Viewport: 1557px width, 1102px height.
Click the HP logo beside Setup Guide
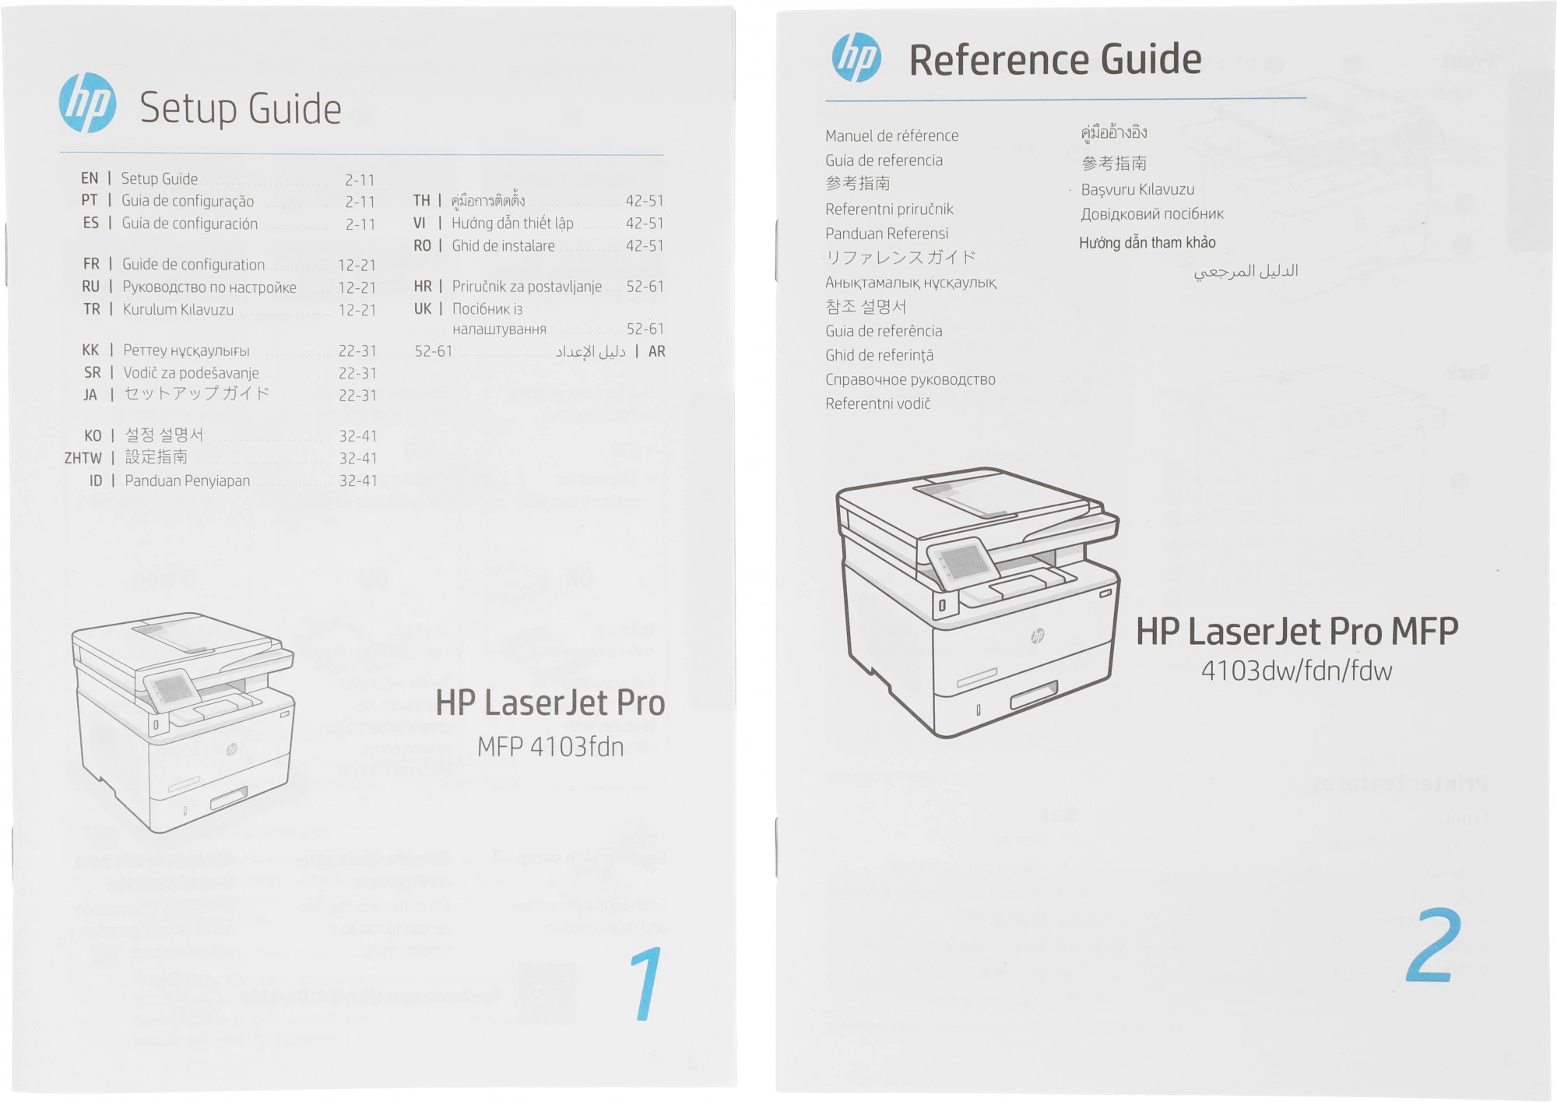click(x=88, y=103)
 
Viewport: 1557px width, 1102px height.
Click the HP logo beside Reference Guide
click(x=856, y=58)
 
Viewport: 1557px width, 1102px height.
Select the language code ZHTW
click(x=83, y=458)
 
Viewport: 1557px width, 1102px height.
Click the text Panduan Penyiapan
click(x=187, y=481)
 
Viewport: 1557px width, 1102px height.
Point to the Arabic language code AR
click(x=656, y=351)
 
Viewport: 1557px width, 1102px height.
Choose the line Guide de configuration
click(x=193, y=265)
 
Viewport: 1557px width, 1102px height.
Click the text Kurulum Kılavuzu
click(x=177, y=309)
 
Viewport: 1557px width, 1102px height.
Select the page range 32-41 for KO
click(x=357, y=436)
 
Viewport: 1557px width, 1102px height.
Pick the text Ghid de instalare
click(x=503, y=246)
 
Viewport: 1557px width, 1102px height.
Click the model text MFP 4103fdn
click(x=550, y=748)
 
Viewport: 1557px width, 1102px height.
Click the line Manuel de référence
click(x=891, y=136)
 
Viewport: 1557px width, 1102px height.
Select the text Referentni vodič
click(x=877, y=403)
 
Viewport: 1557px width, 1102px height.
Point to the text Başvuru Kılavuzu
click(x=1137, y=189)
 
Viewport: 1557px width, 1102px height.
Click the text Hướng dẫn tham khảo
click(x=1147, y=242)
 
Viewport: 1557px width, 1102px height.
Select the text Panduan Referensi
click(x=886, y=234)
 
